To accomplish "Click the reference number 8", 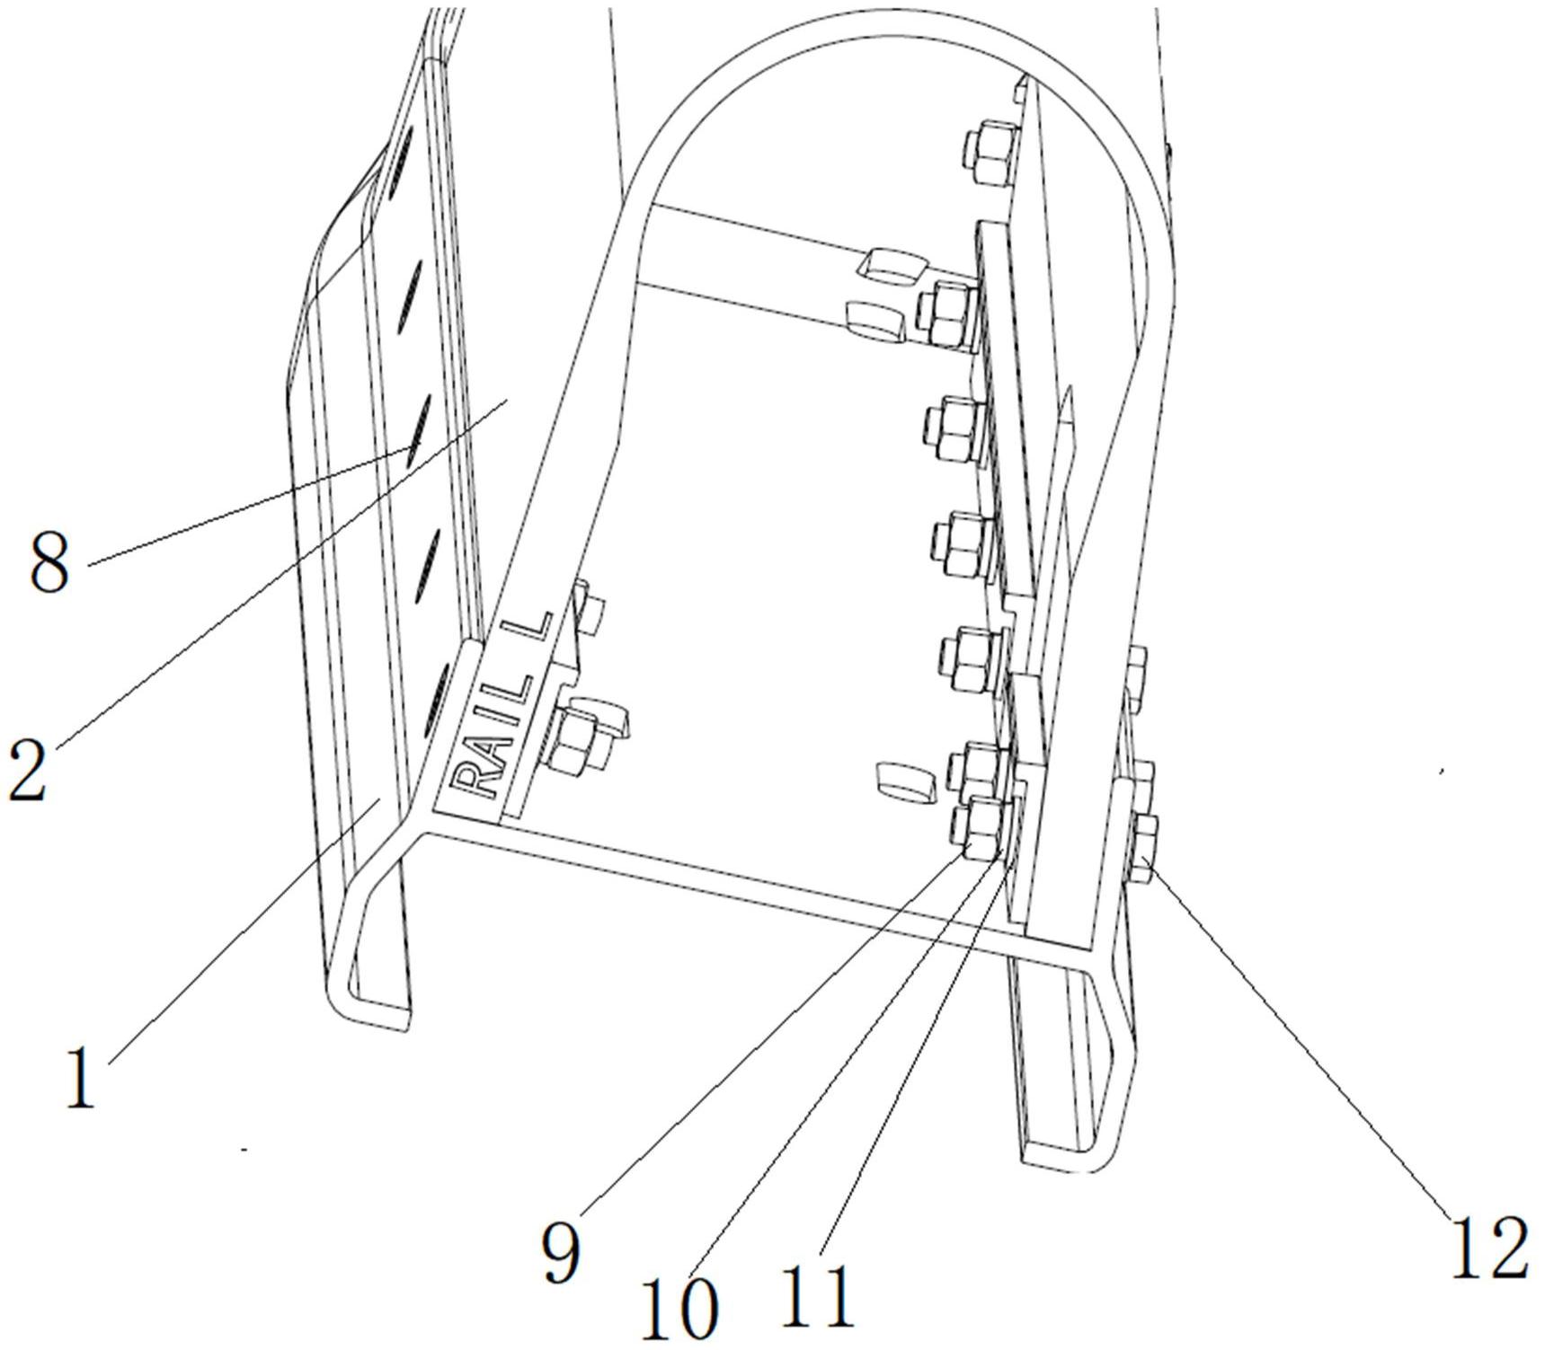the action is coord(49,561).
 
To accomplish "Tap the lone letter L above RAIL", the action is coord(530,631).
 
